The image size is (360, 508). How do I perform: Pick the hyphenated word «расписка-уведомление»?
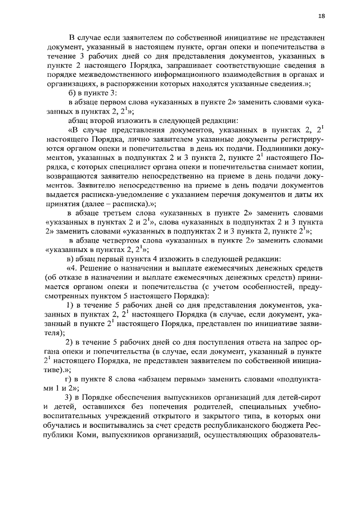point(123,193)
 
